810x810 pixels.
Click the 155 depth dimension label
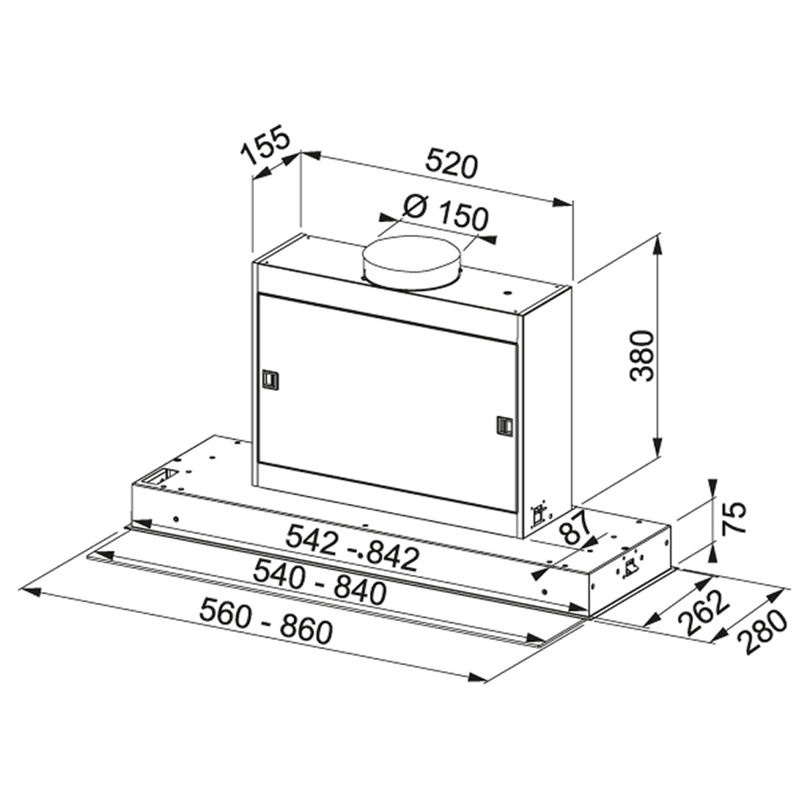265,145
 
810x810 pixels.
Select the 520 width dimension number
452,164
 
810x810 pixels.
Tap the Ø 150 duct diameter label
445,212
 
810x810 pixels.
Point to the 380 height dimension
643,355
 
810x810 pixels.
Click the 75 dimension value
733,517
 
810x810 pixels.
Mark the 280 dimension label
762,633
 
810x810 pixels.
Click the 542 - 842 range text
352,547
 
